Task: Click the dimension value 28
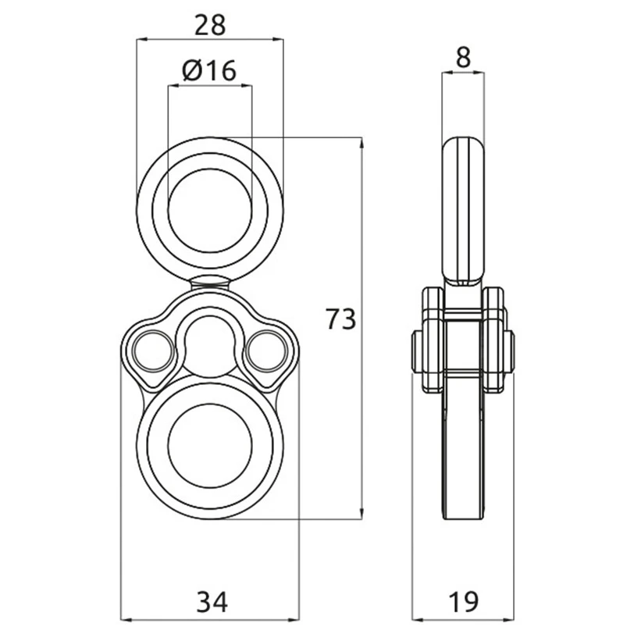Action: (210, 25)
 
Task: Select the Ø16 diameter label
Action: (209, 70)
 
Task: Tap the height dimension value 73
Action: (341, 319)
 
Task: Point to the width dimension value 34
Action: (212, 601)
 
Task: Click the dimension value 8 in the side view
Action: (463, 57)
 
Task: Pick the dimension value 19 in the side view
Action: (464, 601)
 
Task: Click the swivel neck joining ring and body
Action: (210, 281)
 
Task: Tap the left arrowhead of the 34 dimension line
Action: (126, 619)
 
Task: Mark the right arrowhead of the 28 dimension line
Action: (278, 39)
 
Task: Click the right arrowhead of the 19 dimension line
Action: (508, 619)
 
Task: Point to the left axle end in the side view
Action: (417, 352)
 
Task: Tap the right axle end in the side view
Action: (509, 352)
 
